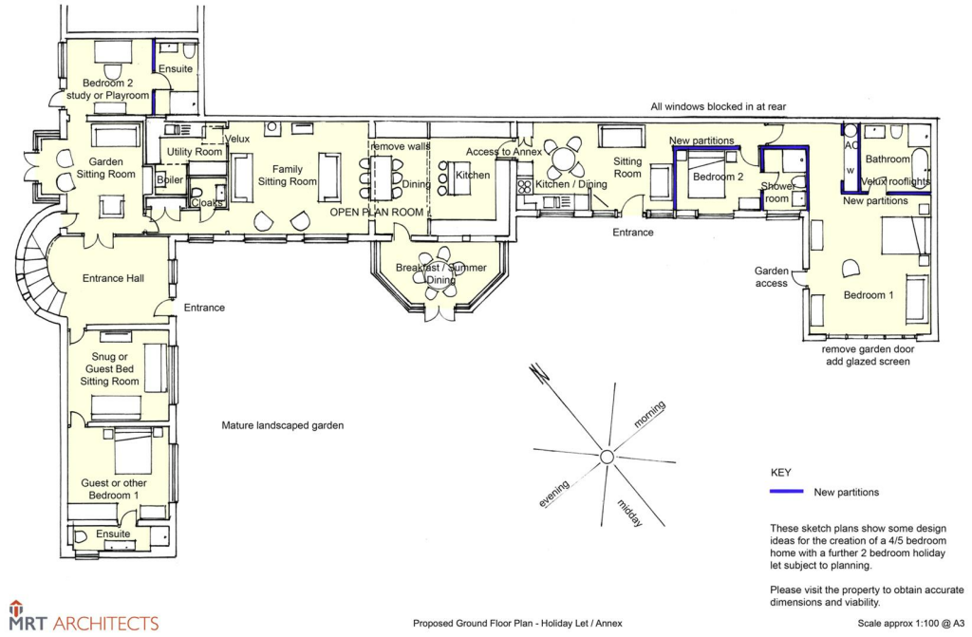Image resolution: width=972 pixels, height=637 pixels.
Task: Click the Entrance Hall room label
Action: click(x=113, y=278)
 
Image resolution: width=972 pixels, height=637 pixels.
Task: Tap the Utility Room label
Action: click(x=194, y=151)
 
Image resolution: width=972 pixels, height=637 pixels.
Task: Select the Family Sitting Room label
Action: click(x=287, y=175)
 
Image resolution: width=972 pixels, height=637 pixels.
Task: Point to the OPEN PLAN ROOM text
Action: click(x=376, y=212)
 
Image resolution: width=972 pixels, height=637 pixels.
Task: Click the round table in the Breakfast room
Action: click(x=440, y=274)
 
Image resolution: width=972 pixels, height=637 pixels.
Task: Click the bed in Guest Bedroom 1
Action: click(x=133, y=451)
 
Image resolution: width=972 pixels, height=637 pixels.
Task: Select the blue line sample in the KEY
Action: click(x=786, y=491)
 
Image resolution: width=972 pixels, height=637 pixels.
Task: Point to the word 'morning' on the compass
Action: click(x=649, y=414)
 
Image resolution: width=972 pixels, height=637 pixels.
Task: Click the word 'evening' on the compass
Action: click(x=553, y=494)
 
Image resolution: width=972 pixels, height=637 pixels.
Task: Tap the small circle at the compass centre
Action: click(x=607, y=458)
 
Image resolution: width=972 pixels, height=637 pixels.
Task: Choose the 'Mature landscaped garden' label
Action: click(x=283, y=425)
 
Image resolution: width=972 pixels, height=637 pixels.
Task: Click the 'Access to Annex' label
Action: click(x=503, y=151)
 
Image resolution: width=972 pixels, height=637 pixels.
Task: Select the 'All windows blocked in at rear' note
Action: click(x=718, y=106)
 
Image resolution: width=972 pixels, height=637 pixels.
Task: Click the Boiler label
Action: click(x=170, y=179)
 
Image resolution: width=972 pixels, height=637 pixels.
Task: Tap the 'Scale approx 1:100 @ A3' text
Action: click(x=910, y=624)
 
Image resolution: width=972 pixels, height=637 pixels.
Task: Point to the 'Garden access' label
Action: click(x=771, y=277)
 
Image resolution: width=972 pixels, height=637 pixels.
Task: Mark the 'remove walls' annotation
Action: click(x=400, y=146)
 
